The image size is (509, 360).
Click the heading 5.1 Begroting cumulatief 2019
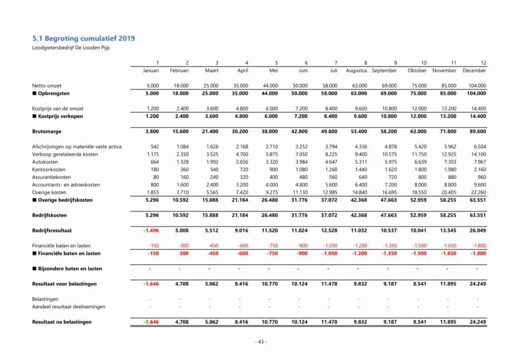84,38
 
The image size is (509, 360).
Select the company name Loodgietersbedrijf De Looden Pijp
71,48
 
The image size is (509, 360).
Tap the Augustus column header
356,71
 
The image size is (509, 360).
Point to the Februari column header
179,71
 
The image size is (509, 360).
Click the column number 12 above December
483,63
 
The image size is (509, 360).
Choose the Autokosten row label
46,162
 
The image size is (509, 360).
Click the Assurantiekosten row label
52,177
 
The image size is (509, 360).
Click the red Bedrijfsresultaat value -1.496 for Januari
151,230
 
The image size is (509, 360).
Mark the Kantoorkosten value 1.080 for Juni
300,170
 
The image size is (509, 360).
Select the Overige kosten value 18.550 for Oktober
419,192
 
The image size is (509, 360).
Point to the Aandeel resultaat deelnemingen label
69,307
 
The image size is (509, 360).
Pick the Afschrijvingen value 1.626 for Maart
211,147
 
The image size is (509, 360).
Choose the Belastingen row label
45,299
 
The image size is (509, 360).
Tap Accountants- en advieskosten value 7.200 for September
389,185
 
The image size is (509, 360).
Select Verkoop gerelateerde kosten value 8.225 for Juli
330,154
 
